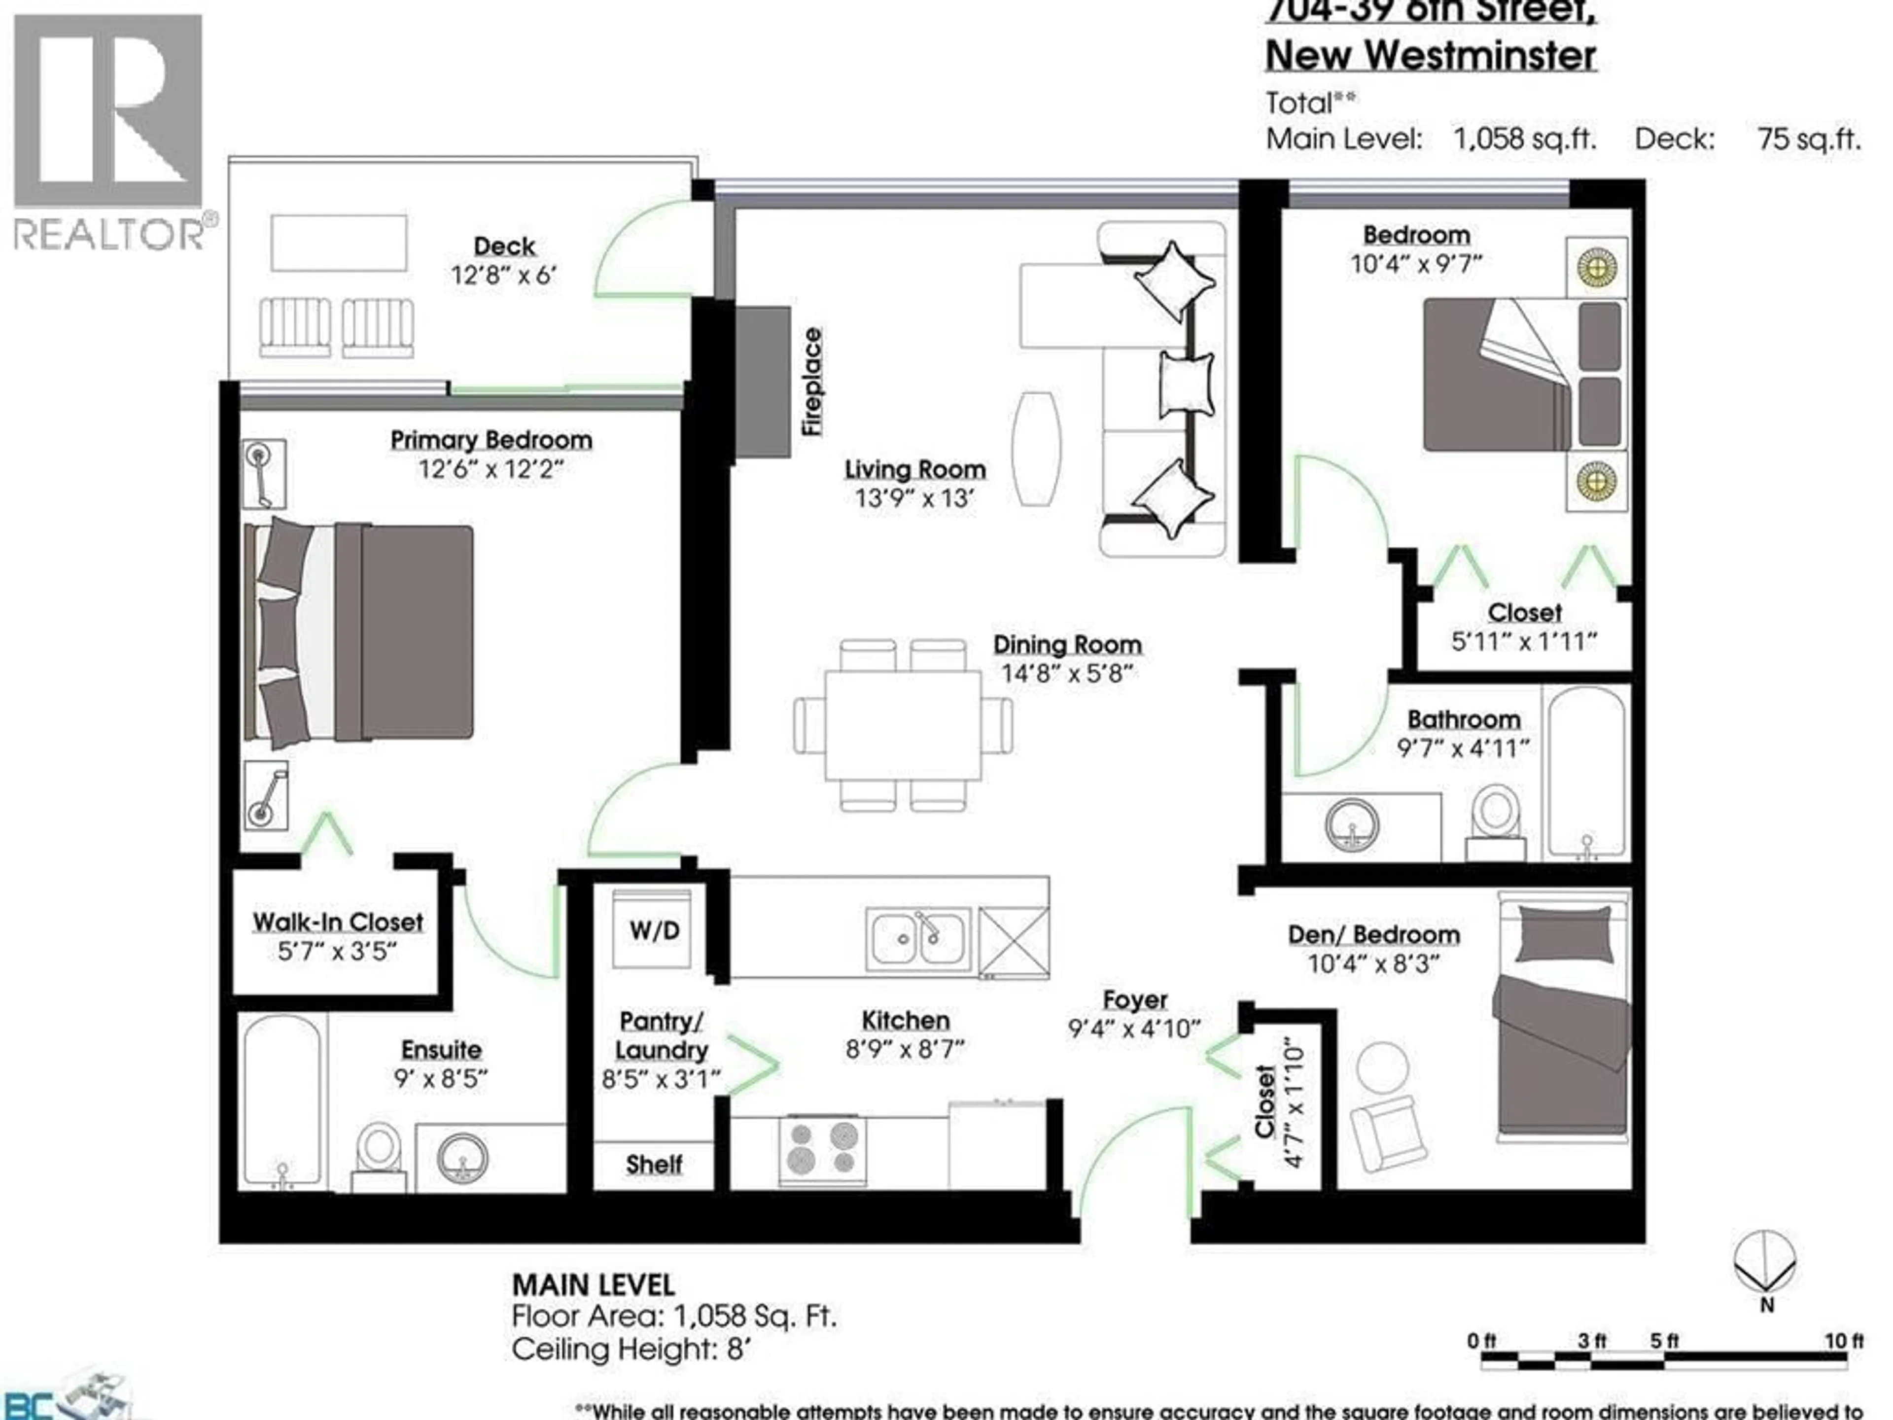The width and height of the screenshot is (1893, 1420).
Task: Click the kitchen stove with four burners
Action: tap(822, 1149)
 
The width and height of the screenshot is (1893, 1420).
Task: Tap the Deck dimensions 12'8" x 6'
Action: tap(504, 275)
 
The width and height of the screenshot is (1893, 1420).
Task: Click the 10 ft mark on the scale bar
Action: tap(1843, 1341)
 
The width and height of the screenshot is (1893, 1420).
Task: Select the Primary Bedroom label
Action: tap(491, 440)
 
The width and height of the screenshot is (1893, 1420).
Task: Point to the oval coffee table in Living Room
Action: tap(1036, 449)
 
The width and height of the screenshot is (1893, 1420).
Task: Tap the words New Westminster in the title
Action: tap(1431, 56)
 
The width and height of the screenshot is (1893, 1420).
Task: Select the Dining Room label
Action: tap(1067, 644)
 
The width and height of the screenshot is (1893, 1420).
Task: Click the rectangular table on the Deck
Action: tap(339, 243)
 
